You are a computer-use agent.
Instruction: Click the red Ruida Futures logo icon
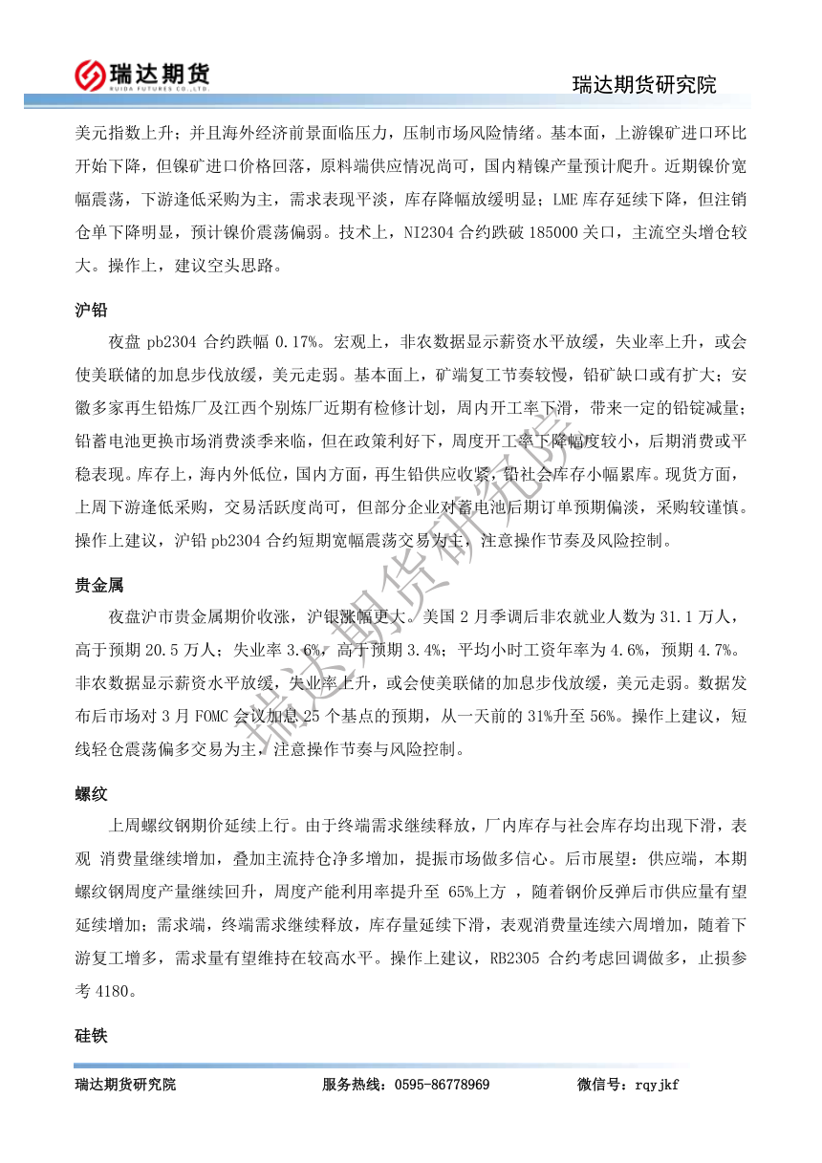[91, 74]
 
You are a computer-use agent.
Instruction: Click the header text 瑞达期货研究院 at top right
[643, 85]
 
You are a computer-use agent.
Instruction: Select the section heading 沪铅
[91, 311]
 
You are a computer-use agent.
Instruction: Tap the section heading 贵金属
[98, 585]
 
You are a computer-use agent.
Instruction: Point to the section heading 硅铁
[91, 1036]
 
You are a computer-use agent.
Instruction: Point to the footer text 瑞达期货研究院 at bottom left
[125, 1085]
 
